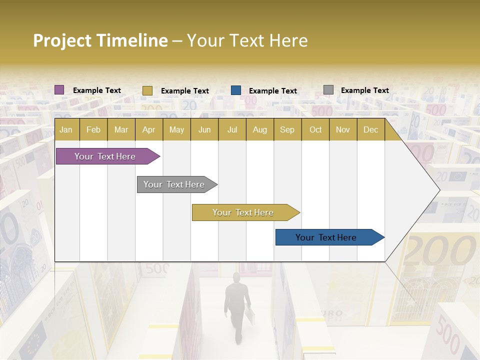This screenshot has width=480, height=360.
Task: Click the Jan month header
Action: [66, 130]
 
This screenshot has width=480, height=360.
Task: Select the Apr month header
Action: [148, 130]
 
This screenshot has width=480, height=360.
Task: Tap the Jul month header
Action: [232, 130]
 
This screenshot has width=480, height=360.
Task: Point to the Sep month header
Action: [287, 130]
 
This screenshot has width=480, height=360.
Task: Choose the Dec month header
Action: [370, 130]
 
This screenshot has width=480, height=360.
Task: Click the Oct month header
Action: [315, 130]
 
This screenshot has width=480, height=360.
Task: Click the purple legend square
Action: [59, 90]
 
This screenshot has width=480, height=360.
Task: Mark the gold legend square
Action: [147, 90]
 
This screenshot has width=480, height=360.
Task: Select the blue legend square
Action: [236, 90]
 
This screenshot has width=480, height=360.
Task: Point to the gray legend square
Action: [328, 90]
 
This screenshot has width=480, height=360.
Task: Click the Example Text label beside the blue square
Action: [272, 91]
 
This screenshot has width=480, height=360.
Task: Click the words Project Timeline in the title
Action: [100, 40]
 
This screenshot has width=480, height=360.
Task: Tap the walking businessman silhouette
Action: [236, 305]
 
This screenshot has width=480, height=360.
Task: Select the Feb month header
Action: [93, 130]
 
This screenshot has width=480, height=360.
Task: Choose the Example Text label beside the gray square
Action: [364, 90]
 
